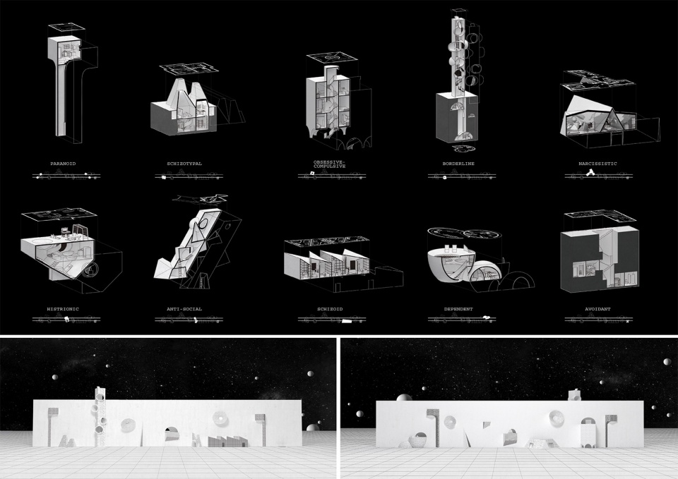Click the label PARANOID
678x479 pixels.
tap(63, 164)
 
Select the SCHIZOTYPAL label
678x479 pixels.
tap(184, 164)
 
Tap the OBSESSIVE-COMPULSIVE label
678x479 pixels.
tap(330, 164)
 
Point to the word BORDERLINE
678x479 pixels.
tap(459, 164)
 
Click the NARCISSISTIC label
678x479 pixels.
tap(597, 164)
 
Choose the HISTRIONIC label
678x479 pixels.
tap(63, 309)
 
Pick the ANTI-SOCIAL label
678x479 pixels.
tap(184, 309)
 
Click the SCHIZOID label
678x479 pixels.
tap(330, 309)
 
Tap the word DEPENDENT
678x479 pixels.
tap(458, 309)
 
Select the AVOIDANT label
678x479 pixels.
tap(597, 309)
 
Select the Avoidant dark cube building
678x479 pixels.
tap(600, 258)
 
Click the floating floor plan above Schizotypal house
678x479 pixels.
tap(187, 68)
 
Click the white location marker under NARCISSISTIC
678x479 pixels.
tap(589, 173)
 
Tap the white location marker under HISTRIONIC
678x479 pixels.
tap(66, 319)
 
